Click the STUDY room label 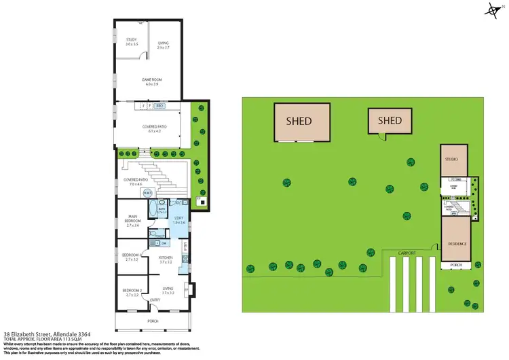coord(132,40)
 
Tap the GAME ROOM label coord(150,79)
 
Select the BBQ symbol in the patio coord(160,106)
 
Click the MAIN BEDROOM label coord(132,219)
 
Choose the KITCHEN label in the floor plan coord(166,257)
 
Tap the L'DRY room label coord(178,219)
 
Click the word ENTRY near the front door coord(155,300)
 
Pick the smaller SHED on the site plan coord(390,121)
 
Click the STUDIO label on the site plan coord(451,159)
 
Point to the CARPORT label coord(408,251)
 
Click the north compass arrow coord(492,9)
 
